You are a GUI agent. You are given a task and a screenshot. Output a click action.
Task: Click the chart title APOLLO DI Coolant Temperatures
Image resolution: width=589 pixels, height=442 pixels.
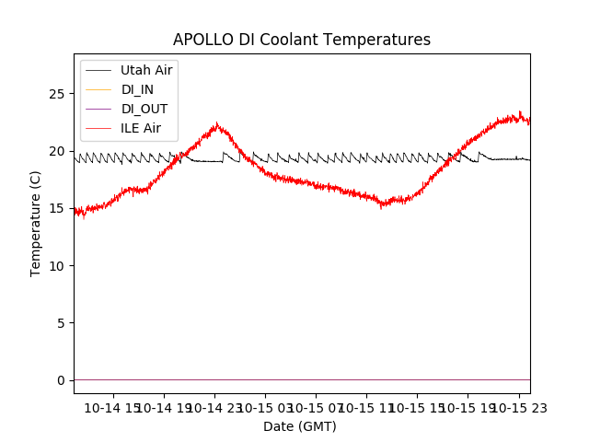coord(302,41)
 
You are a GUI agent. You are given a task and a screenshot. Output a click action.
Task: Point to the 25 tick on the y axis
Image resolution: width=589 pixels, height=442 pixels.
coord(57,94)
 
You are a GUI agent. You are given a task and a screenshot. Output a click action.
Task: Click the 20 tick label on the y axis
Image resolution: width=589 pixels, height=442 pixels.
coord(57,151)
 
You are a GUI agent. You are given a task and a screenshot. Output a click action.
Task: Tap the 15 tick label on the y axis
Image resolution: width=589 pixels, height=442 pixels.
coord(57,208)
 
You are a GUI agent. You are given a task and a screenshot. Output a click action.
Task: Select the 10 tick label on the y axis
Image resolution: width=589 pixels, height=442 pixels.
coord(57,266)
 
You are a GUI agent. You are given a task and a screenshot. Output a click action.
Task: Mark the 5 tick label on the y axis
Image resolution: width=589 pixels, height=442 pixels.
coord(61,323)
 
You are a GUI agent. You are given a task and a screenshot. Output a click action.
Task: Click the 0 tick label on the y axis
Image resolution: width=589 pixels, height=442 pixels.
coord(61,380)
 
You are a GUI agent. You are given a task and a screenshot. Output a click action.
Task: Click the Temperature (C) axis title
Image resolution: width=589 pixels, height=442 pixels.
coord(36,223)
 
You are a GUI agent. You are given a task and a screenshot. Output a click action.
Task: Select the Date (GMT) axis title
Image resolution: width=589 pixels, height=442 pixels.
coord(300,426)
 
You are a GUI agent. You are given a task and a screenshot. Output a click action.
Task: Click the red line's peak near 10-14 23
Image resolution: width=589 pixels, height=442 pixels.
coord(217,123)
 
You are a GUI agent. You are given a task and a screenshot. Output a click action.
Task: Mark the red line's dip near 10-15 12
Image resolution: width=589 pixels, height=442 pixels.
coord(383,206)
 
